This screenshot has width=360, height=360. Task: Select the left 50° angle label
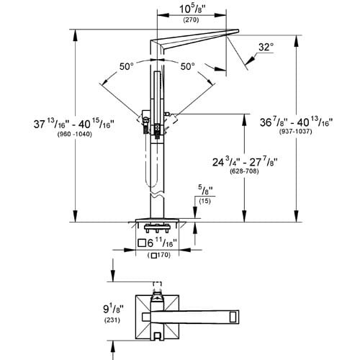127,66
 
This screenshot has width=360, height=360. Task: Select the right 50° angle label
188,66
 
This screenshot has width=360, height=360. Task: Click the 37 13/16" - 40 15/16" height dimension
38,125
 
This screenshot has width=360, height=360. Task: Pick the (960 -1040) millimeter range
38,135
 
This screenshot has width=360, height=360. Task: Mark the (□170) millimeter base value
158,256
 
